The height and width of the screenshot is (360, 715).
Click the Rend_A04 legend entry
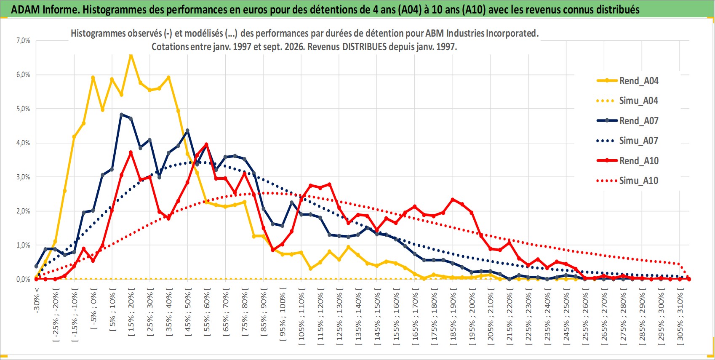pos(627,81)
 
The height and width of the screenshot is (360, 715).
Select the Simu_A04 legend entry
pos(627,101)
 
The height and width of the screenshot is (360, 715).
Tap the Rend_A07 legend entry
pos(627,121)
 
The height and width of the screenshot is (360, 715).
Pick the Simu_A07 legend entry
pos(627,141)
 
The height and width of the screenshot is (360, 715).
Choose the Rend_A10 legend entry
pos(627,160)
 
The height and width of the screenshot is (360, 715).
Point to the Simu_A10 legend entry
pos(627,181)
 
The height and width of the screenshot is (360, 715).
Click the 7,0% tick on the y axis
pos(23,40)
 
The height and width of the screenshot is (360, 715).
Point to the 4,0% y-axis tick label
pos(23,143)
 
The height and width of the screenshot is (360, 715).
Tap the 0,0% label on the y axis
pos(23,279)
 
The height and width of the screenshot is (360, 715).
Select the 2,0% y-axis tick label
pos(23,211)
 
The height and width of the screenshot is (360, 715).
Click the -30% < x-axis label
pos(36,300)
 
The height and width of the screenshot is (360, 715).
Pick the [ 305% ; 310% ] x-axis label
pos(680,315)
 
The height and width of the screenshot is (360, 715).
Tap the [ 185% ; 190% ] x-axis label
pos(453,315)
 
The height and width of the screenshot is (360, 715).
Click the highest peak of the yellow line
pos(131,55)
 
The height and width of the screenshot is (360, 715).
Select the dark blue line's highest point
pos(121,114)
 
